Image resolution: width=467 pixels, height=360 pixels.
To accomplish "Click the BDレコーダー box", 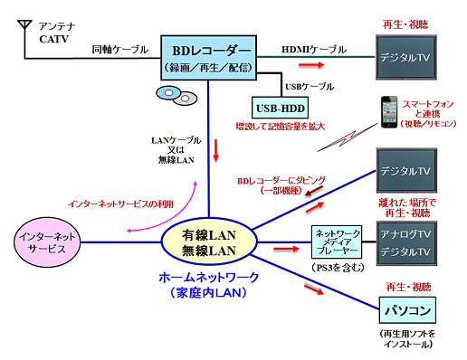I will pos(208,55).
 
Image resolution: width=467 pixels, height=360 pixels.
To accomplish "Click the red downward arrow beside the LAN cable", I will pos(215,151).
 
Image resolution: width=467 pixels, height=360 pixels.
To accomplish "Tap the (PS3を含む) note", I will pos(336,267).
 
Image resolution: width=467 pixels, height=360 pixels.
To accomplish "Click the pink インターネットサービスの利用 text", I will pos(108,204).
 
